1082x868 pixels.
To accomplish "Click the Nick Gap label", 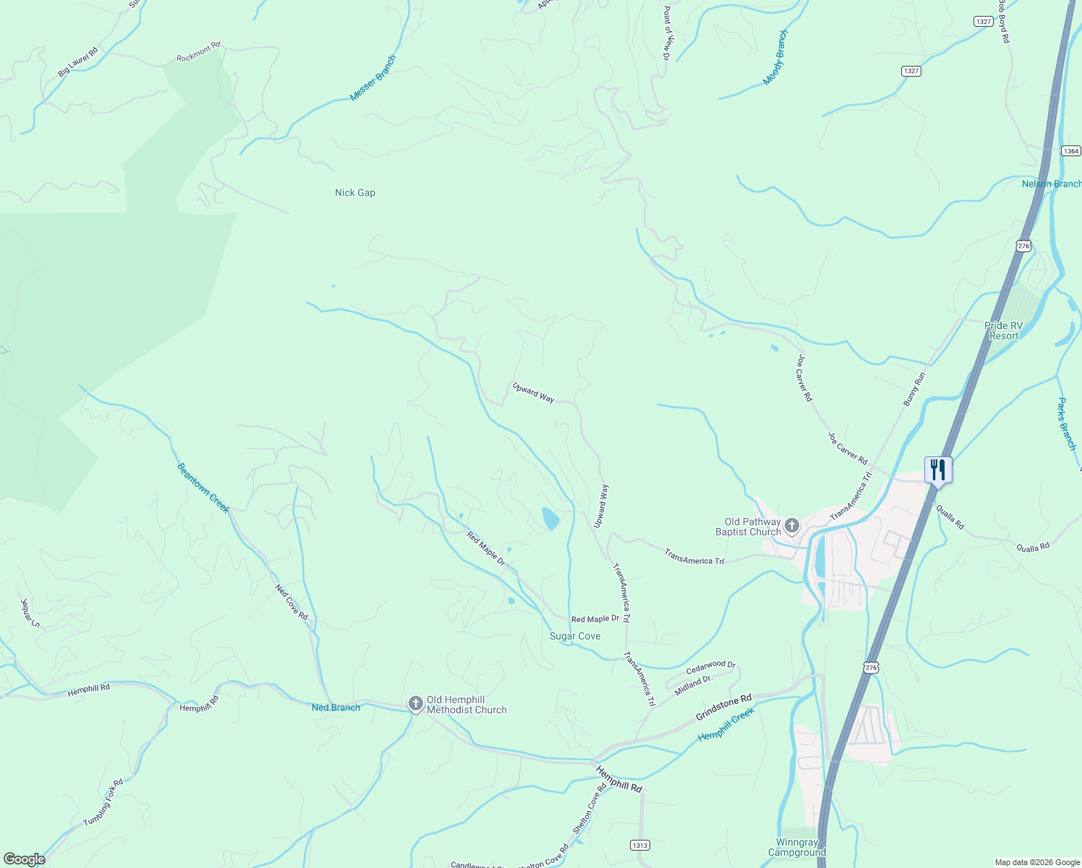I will coord(355,192).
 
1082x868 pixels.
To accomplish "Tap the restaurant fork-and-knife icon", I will coord(937,470).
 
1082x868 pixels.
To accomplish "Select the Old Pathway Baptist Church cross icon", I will coord(792,525).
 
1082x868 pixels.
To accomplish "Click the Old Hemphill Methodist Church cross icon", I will coord(416,704).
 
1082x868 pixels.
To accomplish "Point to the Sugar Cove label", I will coord(575,637).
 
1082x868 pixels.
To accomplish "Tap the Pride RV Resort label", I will coord(1003,331).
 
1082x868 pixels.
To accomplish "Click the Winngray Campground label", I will coord(797,847).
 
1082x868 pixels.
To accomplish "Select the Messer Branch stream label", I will coord(372,78).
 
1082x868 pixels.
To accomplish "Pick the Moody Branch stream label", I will coord(775,58).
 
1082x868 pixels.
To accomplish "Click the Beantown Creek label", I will coord(203,488).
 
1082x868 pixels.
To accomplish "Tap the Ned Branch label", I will coord(336,707).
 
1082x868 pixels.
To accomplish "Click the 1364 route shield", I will coord(1071,151).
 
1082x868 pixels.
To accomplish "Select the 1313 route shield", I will coord(639,845).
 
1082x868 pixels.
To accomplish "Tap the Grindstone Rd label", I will coord(723,707).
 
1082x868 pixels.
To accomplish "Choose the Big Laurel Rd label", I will coord(77,62).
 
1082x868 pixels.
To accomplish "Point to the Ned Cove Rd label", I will coord(292,602).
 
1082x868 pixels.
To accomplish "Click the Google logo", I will coord(24,859).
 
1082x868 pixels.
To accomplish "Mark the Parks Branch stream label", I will coord(1067,424).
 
